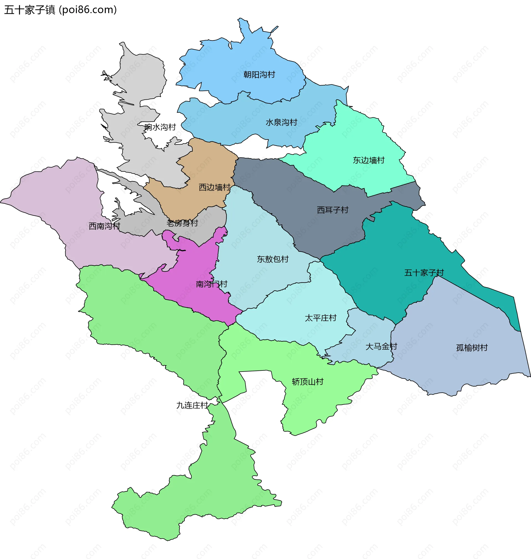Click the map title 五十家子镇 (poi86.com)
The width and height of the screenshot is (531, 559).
pos(60,10)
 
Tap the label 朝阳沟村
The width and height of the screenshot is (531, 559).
pos(259,74)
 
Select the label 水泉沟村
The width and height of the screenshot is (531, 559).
pos(281,122)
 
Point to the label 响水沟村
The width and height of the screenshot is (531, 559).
pos(160,127)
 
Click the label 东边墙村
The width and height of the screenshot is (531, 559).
pos(369,160)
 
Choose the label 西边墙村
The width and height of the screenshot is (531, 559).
pos(215,187)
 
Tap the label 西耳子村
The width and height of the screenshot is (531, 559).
pos(333,210)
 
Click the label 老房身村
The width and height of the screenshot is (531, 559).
pos(182,223)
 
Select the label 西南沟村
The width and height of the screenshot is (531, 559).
pos(105,226)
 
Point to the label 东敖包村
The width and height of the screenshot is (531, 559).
pos(273,259)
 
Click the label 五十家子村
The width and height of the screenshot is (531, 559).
pos(424,273)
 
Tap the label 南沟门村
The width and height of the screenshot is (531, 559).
pos(212,284)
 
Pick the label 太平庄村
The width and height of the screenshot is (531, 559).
pos(321,318)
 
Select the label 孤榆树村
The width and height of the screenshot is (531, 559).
pos(472,348)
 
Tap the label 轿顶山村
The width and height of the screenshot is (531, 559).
pos(307,382)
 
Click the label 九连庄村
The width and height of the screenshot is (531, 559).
pos(192,405)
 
